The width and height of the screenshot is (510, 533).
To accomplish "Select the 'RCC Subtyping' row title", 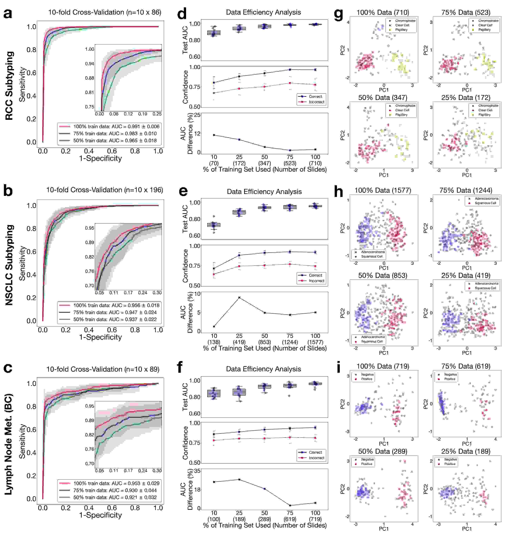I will point(9,86).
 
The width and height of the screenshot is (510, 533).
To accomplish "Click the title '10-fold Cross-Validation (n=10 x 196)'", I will point(104,190).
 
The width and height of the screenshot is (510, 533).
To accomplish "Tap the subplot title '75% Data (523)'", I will point(466,13).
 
